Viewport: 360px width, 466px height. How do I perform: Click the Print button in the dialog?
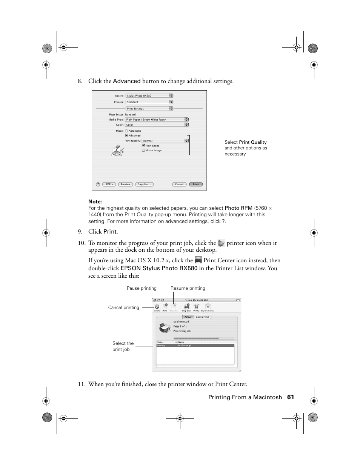click(x=196, y=184)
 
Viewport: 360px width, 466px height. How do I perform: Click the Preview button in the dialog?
click(x=125, y=184)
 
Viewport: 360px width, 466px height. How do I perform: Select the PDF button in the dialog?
click(x=109, y=184)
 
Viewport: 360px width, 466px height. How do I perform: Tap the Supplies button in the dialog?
click(x=144, y=184)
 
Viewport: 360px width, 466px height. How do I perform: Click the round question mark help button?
click(x=98, y=184)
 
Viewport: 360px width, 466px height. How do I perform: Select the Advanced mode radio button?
click(x=126, y=135)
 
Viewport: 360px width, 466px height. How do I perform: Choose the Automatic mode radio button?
click(x=126, y=131)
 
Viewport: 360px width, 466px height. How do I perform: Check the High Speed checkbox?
click(x=143, y=146)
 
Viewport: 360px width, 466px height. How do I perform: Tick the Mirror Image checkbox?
click(x=143, y=151)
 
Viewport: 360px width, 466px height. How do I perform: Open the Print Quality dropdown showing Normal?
click(x=165, y=141)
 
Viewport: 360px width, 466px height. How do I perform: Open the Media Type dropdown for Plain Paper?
click(x=157, y=120)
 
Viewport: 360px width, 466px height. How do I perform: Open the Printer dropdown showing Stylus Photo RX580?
click(x=149, y=96)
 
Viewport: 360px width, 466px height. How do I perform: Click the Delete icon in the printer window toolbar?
click(x=157, y=307)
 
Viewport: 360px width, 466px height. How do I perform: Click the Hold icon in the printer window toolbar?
click(x=165, y=307)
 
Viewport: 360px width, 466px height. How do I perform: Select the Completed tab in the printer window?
click(x=202, y=317)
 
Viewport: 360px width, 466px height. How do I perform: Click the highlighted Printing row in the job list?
click(x=195, y=345)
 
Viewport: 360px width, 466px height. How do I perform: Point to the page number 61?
click(x=290, y=397)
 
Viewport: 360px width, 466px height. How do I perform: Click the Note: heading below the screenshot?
click(x=95, y=201)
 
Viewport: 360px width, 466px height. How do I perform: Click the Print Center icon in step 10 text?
click(x=198, y=260)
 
